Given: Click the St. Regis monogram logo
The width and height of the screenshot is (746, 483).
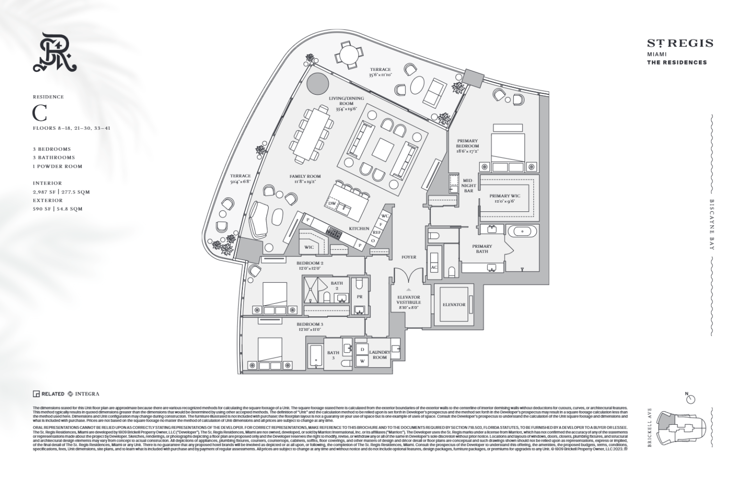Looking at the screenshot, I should pos(54,52).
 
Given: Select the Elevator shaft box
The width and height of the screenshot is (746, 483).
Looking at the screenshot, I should pos(454,305).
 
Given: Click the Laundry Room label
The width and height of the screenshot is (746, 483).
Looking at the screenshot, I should pos(379,355).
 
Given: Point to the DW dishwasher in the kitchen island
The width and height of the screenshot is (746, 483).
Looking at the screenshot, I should pos(333,203).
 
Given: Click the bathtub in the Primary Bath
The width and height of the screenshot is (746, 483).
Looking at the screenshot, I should pos(523,230).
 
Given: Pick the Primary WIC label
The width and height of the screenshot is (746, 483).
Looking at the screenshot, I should pos(505,198).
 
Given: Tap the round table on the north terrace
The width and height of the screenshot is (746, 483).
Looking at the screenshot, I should pos(349,53).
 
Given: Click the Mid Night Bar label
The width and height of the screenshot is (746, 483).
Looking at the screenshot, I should pos(467,185).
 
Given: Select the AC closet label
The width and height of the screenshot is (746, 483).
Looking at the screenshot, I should pos(434,268).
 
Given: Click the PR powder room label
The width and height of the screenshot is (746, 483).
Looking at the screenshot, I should pos(359,296).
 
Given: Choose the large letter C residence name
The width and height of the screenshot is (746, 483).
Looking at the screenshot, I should pos(40,113).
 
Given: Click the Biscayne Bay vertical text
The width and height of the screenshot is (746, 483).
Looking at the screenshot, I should pos(712,224).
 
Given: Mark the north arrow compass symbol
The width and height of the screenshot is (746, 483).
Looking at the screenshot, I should pos(690,399).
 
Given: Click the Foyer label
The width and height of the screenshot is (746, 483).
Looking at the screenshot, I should pos(408,257).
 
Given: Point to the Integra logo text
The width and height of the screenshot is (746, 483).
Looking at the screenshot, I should pos(87,394).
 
